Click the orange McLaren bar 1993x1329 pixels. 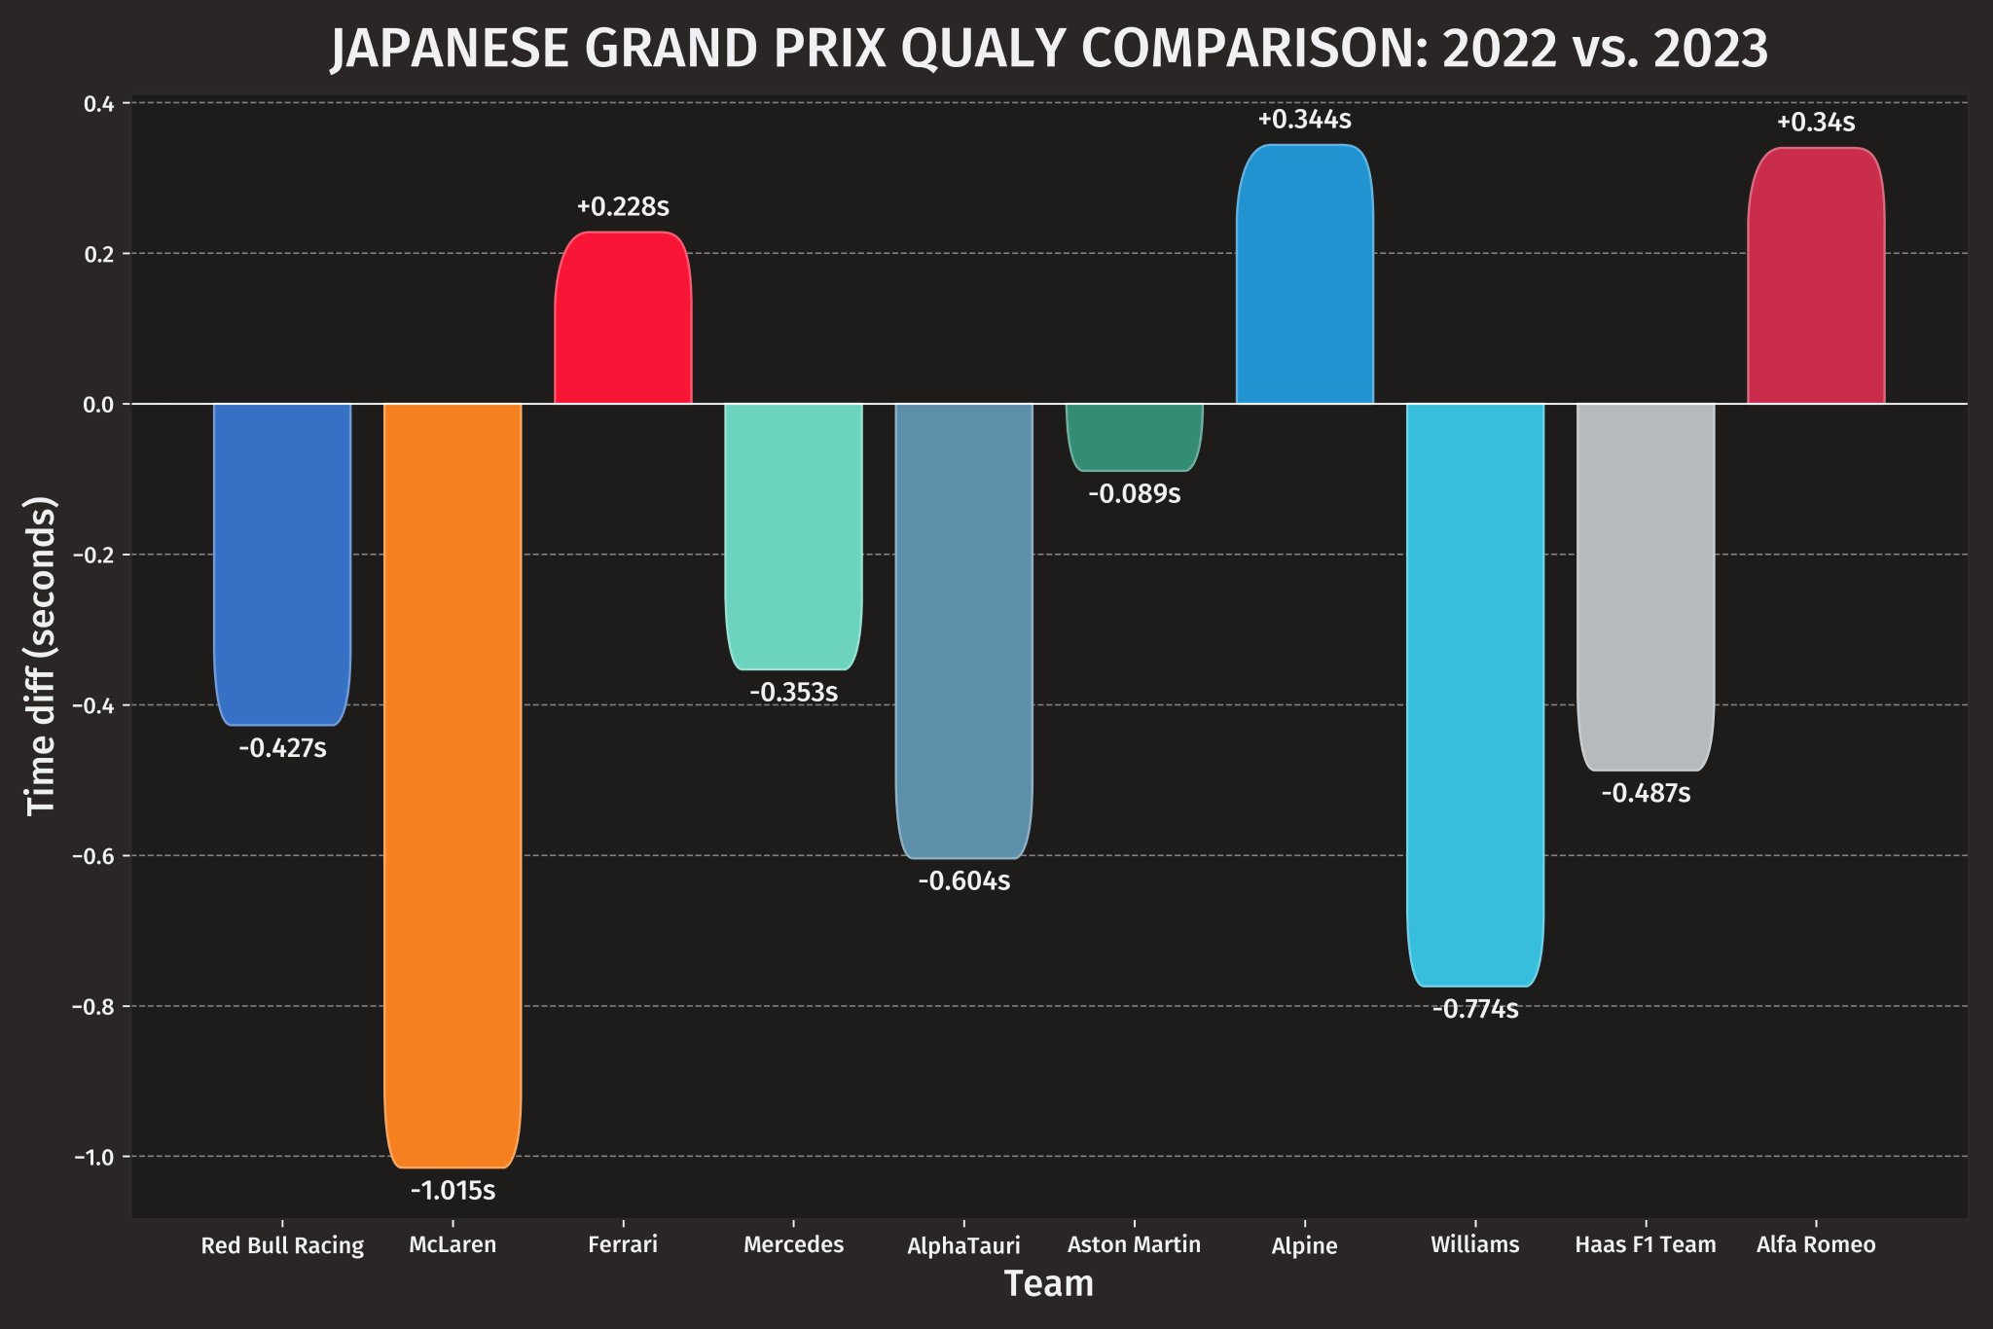point(453,778)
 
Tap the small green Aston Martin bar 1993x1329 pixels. point(1134,437)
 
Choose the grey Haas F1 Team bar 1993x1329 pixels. point(1646,584)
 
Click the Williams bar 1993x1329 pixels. point(1475,691)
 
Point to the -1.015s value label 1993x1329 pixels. point(453,1191)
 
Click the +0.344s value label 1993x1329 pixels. point(1304,120)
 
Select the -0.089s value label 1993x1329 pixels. point(1134,494)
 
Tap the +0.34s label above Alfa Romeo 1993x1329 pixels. point(1816,123)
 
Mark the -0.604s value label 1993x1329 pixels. point(964,881)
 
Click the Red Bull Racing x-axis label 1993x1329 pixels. point(282,1245)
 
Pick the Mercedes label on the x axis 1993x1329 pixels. point(793,1244)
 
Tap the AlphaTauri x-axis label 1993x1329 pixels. point(964,1245)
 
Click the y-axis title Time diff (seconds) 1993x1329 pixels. point(41,657)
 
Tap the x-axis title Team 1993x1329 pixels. point(1049,1284)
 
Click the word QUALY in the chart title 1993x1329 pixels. point(983,49)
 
